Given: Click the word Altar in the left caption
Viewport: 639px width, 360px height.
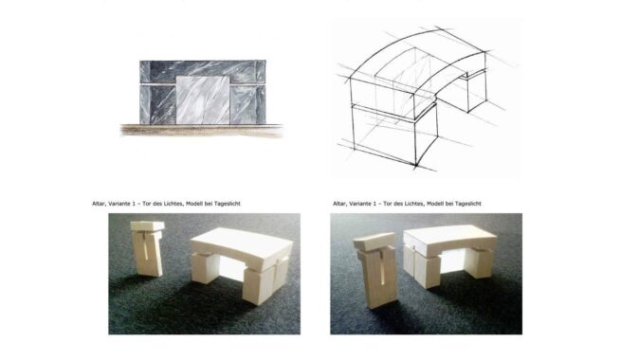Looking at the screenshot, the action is (99, 204).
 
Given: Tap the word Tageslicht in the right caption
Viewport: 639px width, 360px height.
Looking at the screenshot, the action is (467, 204).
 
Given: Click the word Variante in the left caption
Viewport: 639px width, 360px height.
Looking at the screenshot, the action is (119, 204).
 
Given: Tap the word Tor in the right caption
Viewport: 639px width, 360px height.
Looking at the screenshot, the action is (387, 204).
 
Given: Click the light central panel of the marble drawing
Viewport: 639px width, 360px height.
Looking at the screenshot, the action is (203, 100).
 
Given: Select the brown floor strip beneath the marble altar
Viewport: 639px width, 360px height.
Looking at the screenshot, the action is (202, 131).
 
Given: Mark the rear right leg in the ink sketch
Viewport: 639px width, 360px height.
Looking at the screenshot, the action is (476, 92).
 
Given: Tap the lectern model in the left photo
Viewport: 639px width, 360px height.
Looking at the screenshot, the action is (147, 248).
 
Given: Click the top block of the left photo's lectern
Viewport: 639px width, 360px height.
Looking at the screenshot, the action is (147, 226).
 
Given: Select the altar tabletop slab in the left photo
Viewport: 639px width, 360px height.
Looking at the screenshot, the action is (242, 247).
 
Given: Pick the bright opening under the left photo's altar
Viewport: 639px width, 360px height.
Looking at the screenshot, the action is (231, 268).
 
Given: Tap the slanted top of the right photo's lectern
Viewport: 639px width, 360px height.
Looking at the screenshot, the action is (374, 241).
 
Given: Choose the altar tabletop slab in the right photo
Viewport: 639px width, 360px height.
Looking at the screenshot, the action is (450, 241).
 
